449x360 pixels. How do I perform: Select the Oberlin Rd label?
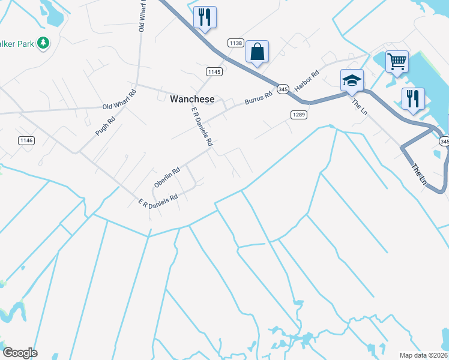167,178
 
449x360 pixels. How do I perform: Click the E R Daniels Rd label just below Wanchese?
202,127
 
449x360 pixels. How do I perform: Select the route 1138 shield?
235,43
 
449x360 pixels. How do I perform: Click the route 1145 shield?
214,72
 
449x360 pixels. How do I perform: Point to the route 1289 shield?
299,115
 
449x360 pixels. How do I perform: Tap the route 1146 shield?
26,140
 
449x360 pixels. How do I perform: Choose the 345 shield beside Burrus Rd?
283,89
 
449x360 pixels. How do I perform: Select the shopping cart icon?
397,61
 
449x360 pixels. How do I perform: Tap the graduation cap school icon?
352,80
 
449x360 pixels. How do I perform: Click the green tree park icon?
43,43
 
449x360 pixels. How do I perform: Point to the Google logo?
20,353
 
